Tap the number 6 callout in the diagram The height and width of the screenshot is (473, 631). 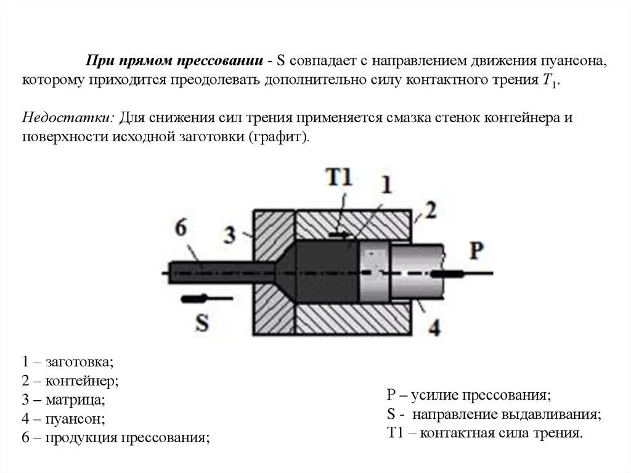click(181, 227)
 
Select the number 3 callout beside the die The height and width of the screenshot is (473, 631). click(230, 234)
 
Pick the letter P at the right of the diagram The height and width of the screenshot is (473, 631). click(477, 251)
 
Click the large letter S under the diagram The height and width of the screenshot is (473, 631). click(201, 322)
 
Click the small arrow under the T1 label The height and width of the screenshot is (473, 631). click(339, 235)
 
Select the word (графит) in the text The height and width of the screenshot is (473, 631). click(279, 136)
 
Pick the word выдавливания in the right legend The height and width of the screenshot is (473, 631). click(561, 413)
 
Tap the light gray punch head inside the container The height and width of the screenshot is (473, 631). click(375, 271)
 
